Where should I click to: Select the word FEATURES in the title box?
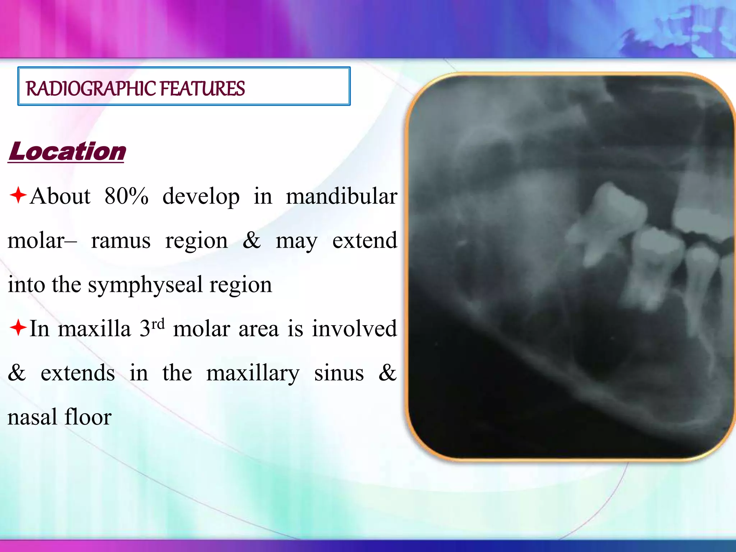pyautogui.click(x=202, y=89)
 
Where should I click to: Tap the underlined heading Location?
pyautogui.click(x=67, y=151)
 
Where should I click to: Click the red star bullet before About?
pyautogui.click(x=18, y=195)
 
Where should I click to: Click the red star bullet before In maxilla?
pyautogui.click(x=18, y=328)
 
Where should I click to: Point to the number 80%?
pyautogui.click(x=126, y=197)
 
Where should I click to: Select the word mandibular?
pyautogui.click(x=341, y=197)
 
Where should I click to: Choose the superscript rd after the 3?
pyautogui.click(x=158, y=324)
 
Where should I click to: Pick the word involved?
pyautogui.click(x=354, y=329)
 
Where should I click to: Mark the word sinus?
pyautogui.click(x=339, y=373)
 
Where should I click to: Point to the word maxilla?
pyautogui.click(x=94, y=329)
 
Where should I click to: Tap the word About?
pyautogui.click(x=60, y=197)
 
